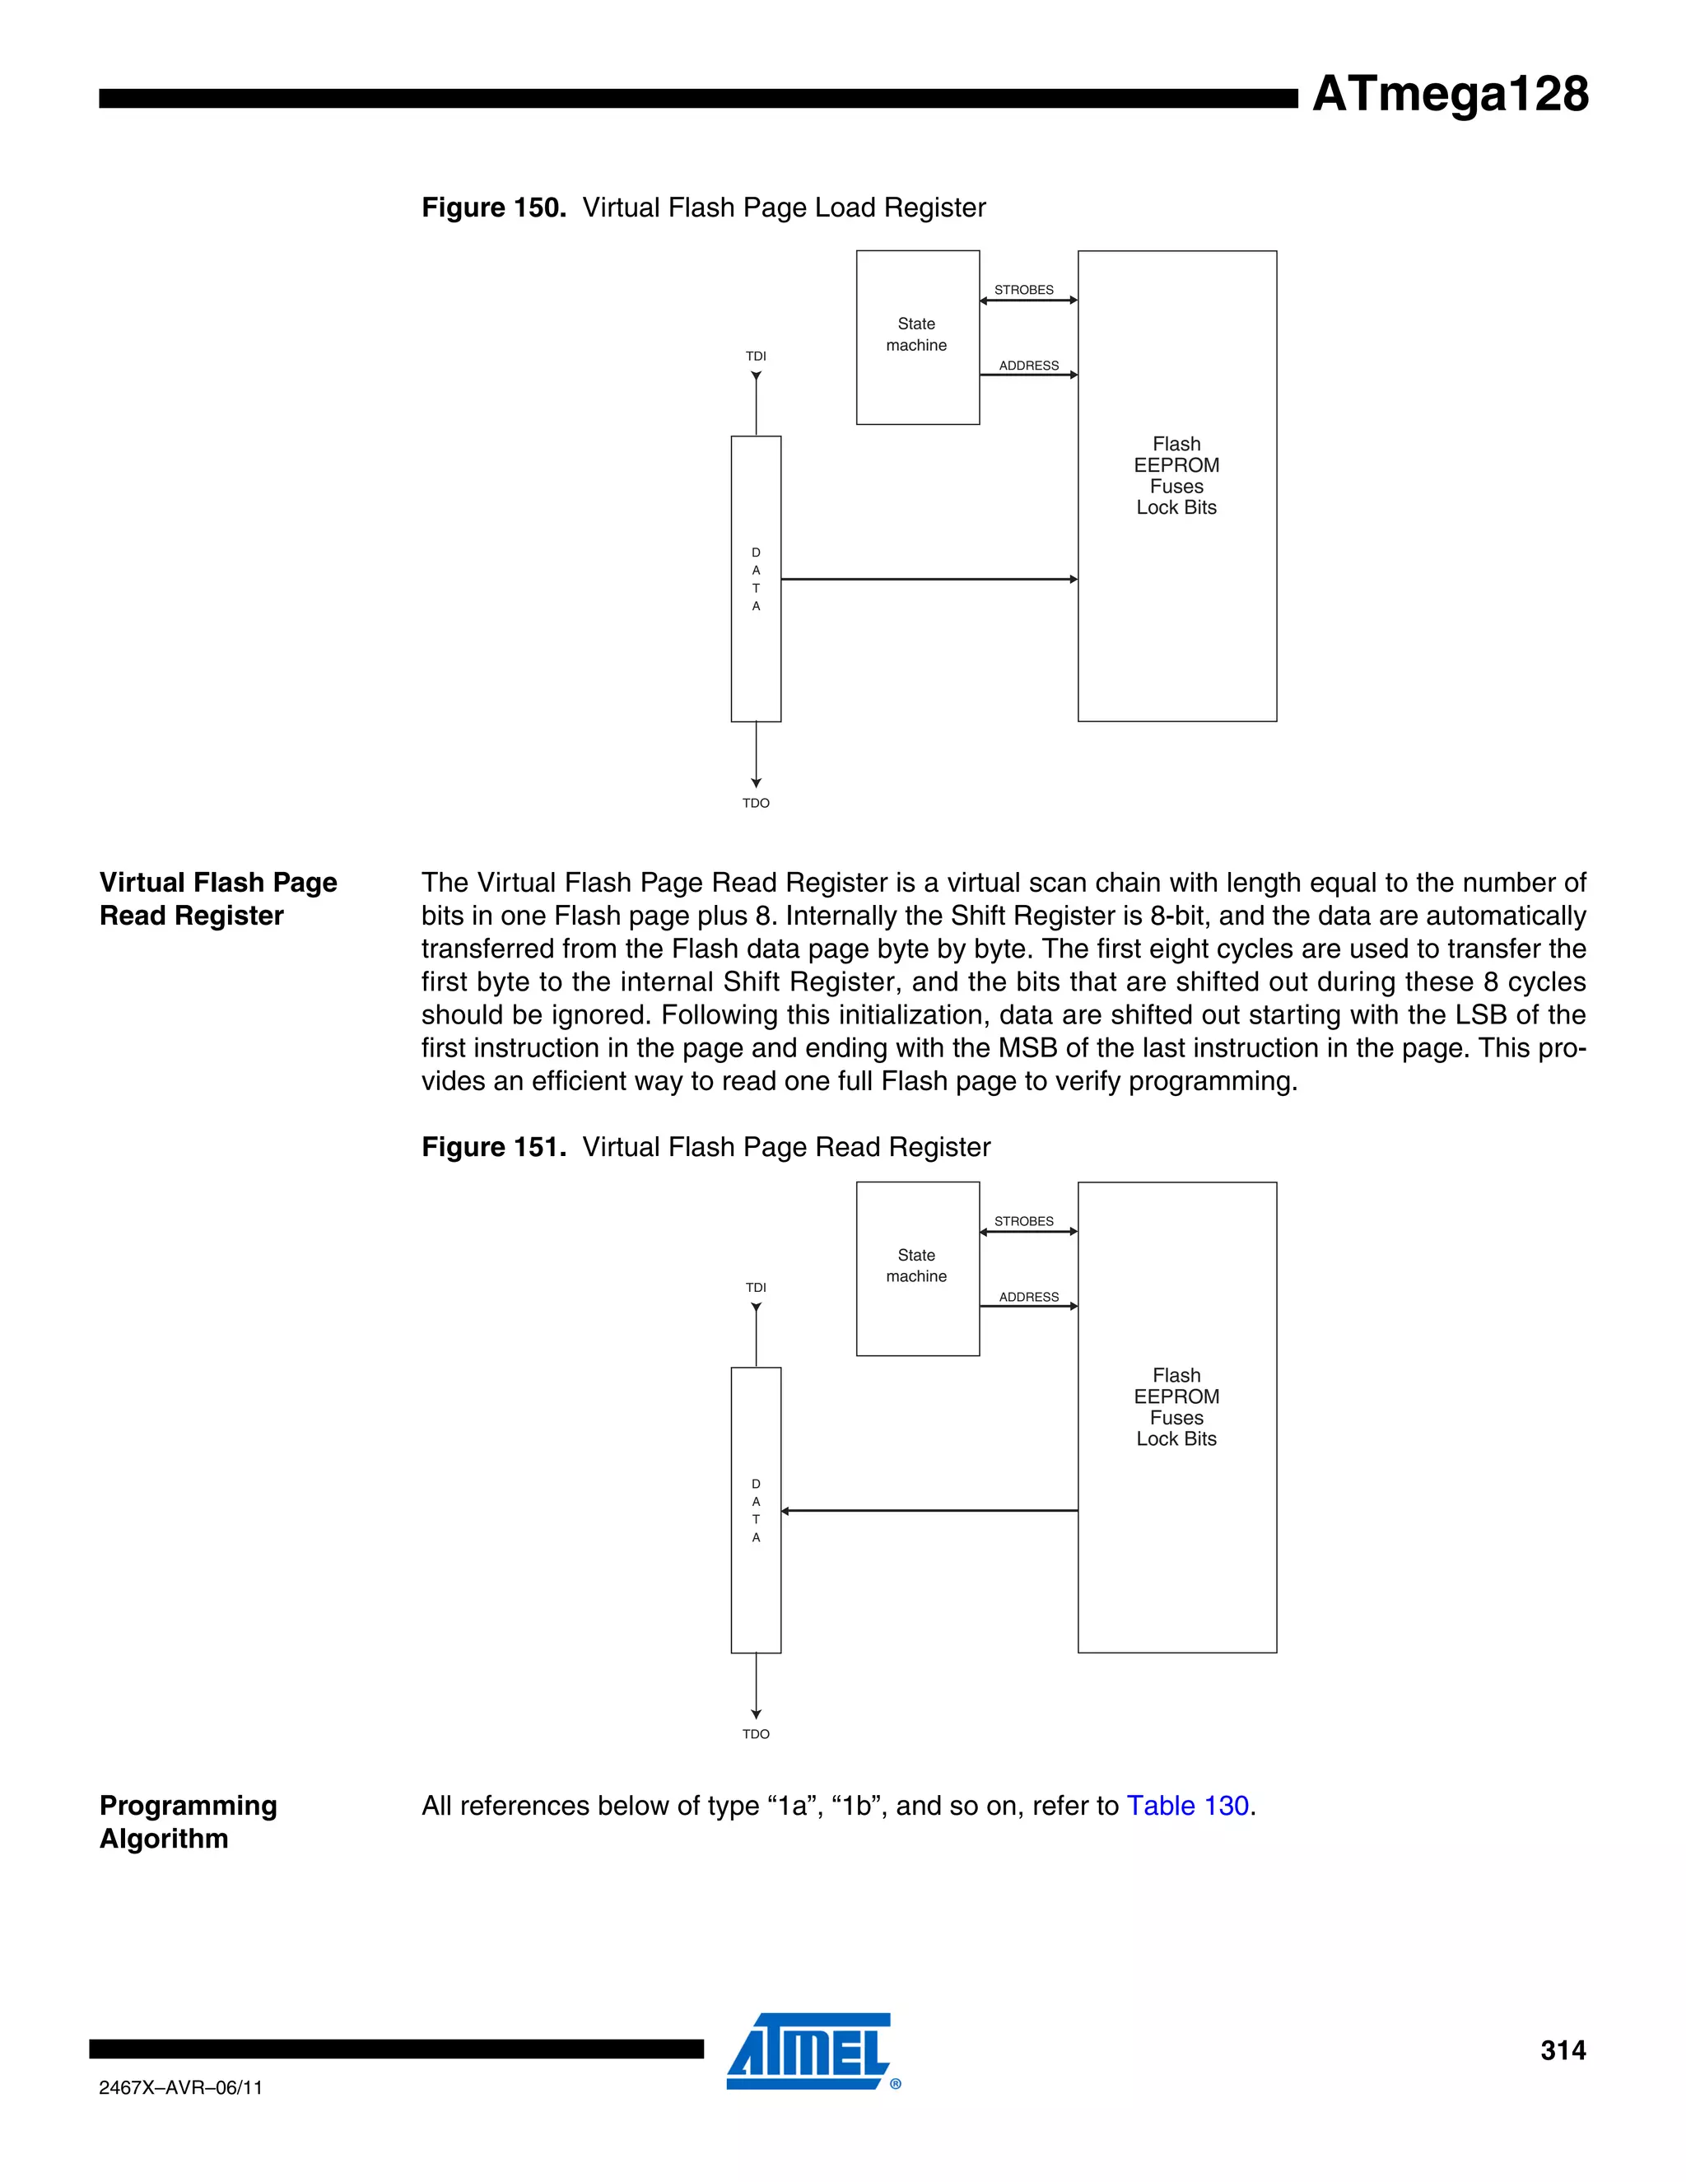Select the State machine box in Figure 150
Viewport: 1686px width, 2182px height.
tap(917, 337)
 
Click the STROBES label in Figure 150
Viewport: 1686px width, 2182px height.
tap(1024, 290)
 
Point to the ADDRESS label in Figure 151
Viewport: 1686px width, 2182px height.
tap(1029, 1297)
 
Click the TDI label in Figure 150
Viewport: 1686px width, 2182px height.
tap(756, 356)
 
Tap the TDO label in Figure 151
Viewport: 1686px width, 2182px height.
tap(756, 1734)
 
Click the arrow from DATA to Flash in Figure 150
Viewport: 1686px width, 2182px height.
tap(929, 579)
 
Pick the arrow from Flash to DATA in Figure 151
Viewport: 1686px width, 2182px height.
tap(929, 1511)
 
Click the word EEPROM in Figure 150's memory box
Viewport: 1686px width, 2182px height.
tap(1176, 465)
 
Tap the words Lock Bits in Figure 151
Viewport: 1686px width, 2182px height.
tap(1176, 1438)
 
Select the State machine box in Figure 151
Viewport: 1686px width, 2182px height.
tap(917, 1268)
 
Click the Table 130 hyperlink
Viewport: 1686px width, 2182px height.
tap(1188, 1806)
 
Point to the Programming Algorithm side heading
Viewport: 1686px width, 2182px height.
tap(188, 1821)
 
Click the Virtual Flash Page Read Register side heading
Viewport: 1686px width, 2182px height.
tap(217, 898)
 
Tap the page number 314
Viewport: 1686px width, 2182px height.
tap(1563, 2050)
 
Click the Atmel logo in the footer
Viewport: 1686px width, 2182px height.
tap(811, 2050)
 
